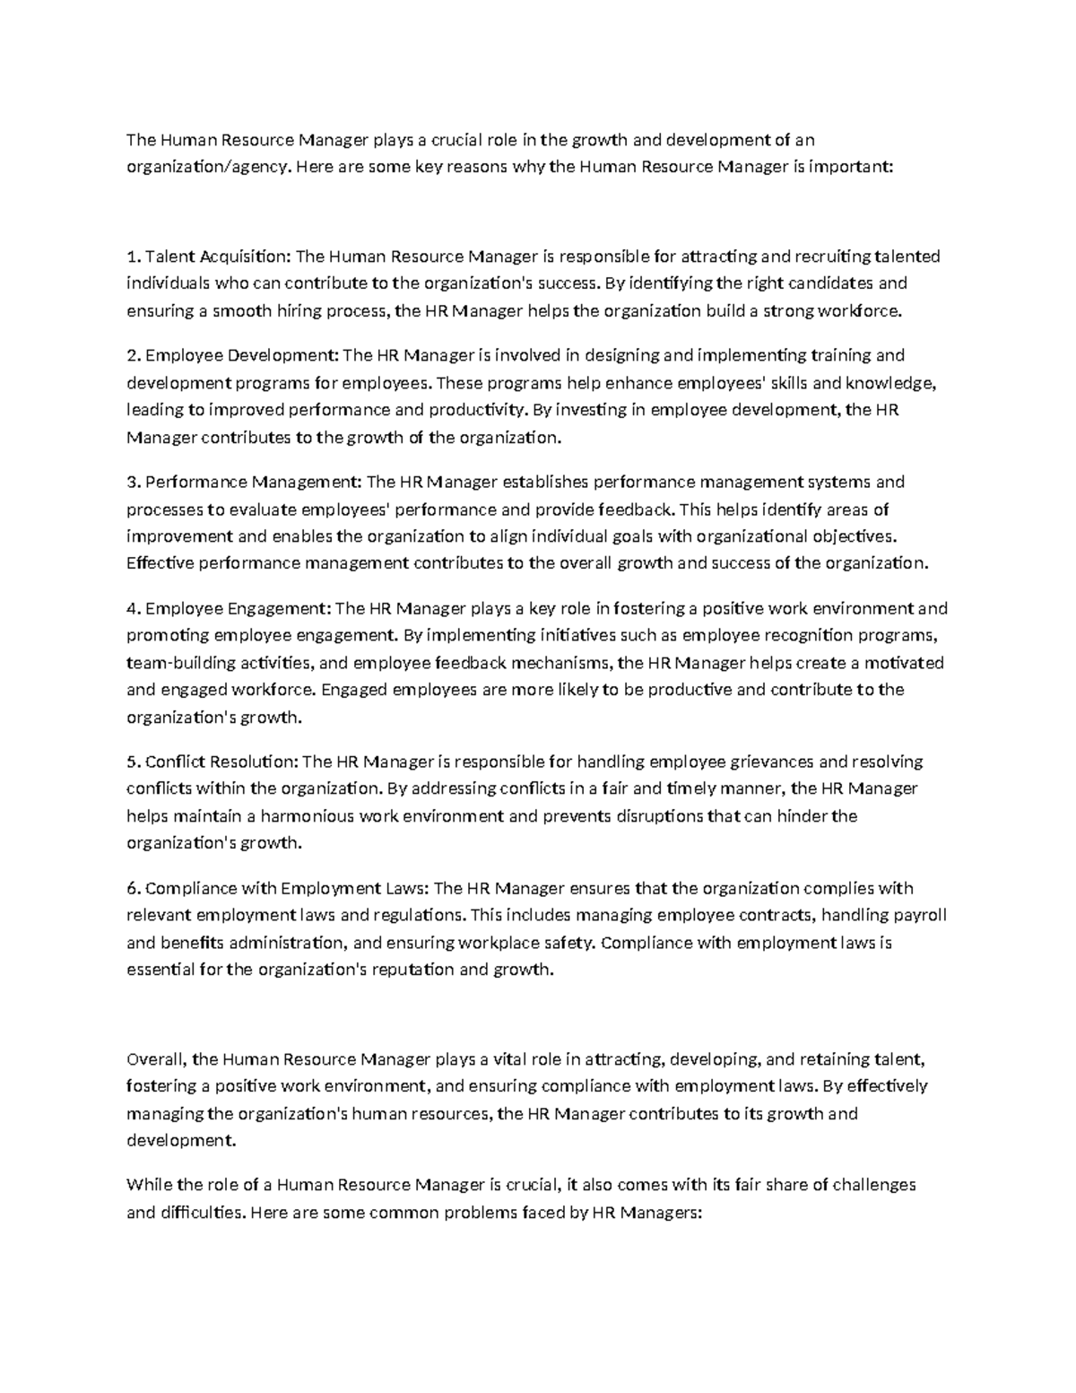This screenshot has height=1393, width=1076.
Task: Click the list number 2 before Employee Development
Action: coord(132,355)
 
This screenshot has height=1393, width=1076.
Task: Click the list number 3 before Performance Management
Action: coord(132,483)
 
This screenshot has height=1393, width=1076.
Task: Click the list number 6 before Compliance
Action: coord(132,889)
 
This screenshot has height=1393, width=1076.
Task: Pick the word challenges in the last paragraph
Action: coord(873,1185)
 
